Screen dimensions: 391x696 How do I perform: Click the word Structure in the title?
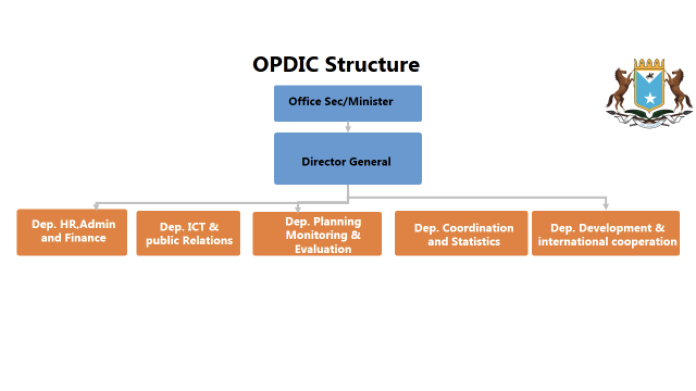coord(372,65)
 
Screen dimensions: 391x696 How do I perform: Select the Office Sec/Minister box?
coord(348,103)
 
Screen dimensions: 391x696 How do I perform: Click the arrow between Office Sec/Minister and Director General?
coord(348,127)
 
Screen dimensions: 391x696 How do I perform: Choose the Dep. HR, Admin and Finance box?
coord(72,232)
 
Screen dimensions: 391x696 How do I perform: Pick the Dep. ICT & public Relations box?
coord(188,233)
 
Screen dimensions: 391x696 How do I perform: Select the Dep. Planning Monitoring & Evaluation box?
coord(317,234)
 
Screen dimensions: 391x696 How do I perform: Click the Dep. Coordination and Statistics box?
coord(461,233)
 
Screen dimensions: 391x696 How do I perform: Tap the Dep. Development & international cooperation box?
coord(605,233)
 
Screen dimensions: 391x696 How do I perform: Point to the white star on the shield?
coord(650,98)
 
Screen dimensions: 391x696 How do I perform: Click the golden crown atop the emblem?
coord(649,64)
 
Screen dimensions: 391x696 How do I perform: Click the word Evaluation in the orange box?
coord(323,249)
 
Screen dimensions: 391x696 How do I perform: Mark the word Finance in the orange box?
coord(85,238)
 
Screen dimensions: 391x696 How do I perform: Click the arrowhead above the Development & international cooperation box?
coord(606,206)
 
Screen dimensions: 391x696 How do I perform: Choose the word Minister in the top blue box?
coord(370,101)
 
